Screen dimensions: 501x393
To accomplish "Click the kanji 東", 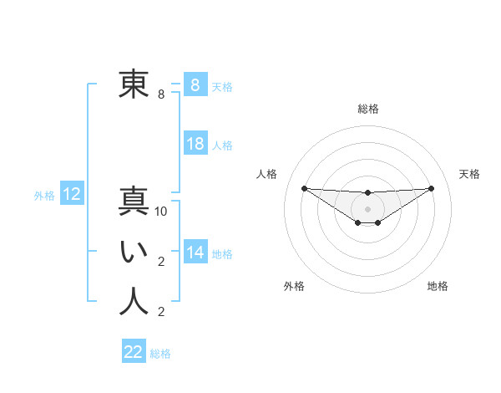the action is (x=134, y=84).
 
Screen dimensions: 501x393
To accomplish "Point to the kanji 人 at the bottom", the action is (x=134, y=301).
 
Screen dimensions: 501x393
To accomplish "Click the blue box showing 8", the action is (x=195, y=84).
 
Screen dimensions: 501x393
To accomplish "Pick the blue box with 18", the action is (x=195, y=144).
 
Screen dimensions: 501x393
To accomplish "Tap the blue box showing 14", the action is (x=195, y=253).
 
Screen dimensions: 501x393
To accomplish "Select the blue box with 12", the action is (x=72, y=195).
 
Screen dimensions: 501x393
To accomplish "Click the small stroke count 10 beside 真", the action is (x=161, y=212).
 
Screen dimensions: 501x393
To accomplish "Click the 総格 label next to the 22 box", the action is (x=160, y=354).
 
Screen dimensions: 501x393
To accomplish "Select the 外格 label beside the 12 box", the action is (x=44, y=196).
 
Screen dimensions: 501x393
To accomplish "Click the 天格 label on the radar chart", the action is (x=469, y=174).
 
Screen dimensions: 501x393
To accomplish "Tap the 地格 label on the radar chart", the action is (x=438, y=286).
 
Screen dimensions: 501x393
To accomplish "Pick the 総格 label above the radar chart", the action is (x=367, y=109).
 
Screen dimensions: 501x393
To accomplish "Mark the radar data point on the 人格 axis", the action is (x=304, y=188).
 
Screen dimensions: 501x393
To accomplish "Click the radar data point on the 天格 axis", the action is (x=431, y=188).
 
